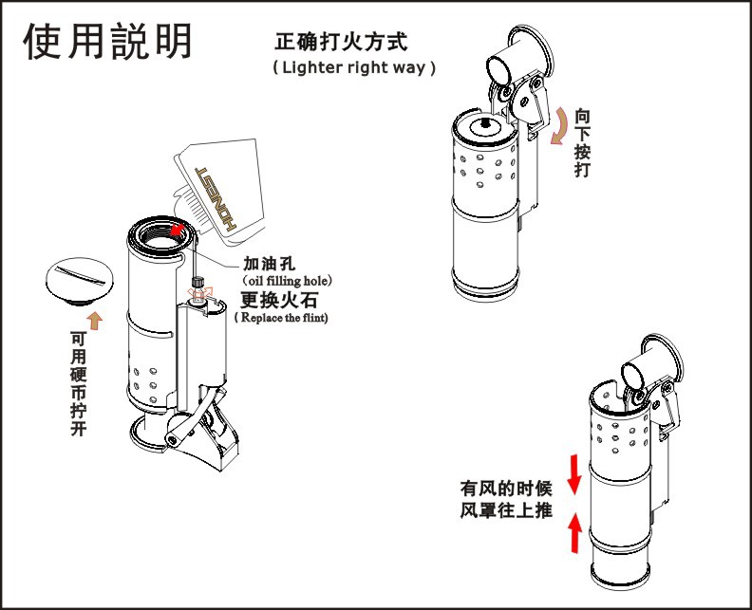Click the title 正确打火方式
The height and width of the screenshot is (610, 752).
(341, 42)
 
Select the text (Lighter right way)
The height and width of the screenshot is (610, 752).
(354, 68)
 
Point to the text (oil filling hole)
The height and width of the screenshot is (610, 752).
(287, 282)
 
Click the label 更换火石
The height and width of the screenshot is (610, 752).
(279, 300)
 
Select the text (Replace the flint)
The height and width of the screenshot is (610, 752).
(281, 318)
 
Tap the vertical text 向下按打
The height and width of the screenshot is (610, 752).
(583, 143)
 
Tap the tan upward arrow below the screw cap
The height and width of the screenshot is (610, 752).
(93, 317)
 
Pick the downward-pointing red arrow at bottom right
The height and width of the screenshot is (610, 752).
(573, 474)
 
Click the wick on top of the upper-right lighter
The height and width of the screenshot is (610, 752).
(484, 123)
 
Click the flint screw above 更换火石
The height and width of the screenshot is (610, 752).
(198, 282)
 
